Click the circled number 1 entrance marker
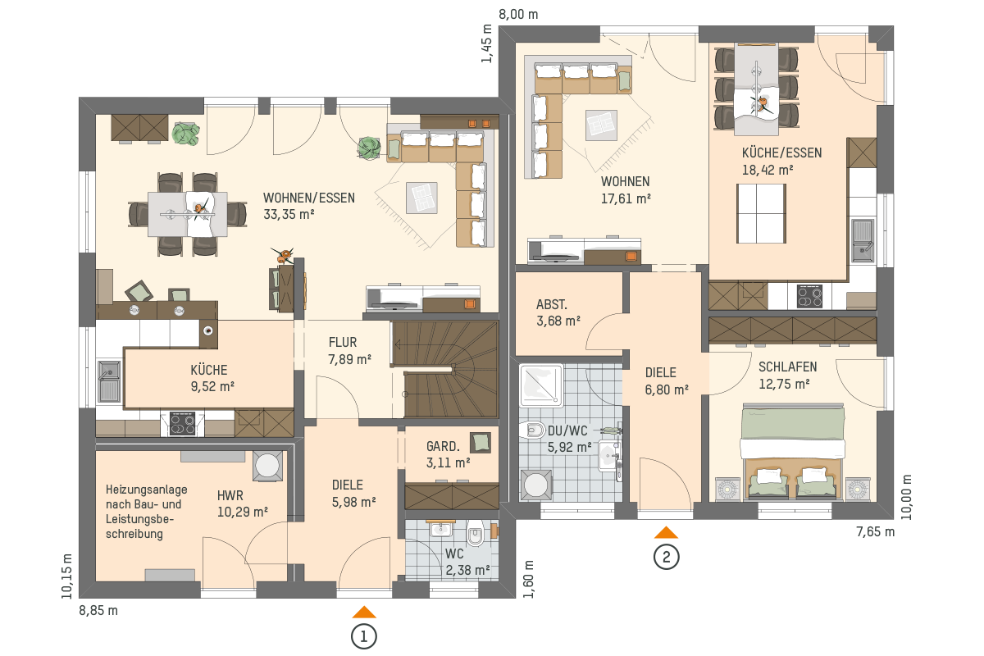[364, 636]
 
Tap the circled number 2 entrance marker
[666, 557]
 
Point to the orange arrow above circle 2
[666, 532]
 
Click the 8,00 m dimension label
[518, 15]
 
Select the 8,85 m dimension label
[98, 611]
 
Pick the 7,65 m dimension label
[875, 532]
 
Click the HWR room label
[230, 495]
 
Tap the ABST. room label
[552, 304]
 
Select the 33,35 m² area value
[289, 214]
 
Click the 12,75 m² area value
[784, 384]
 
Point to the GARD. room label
[443, 446]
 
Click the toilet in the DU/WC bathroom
[531, 430]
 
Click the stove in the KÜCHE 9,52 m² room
[182, 424]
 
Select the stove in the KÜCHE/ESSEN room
[809, 297]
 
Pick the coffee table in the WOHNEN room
[601, 125]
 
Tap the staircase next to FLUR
[444, 369]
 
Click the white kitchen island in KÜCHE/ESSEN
[761, 213]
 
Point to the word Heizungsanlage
[146, 490]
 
